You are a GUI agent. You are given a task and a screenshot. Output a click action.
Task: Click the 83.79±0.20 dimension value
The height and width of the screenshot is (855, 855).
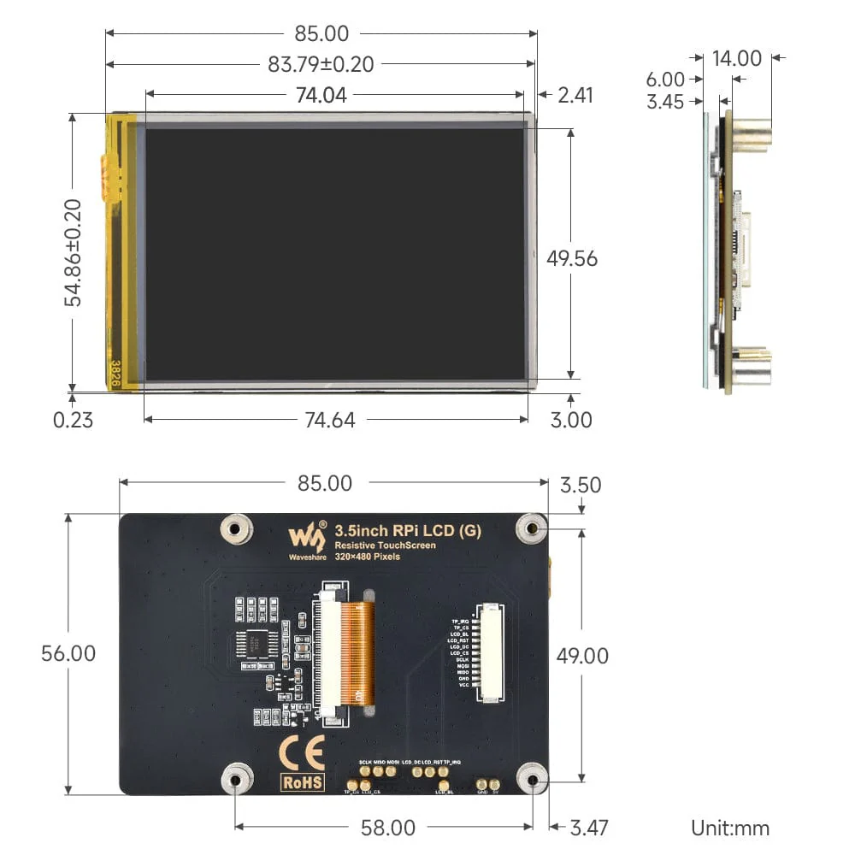point(321,64)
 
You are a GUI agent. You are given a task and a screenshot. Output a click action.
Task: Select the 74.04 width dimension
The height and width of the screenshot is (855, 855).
point(321,95)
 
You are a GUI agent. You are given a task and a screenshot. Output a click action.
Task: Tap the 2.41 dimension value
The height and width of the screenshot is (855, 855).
point(575,95)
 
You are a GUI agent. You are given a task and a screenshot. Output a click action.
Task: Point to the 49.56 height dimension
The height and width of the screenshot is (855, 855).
point(572,258)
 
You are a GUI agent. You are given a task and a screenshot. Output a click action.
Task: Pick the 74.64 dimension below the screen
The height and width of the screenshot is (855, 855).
point(329,420)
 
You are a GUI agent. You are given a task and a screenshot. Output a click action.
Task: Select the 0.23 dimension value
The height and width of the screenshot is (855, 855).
point(73,420)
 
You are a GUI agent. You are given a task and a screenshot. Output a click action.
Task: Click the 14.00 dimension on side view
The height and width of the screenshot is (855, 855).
point(736,58)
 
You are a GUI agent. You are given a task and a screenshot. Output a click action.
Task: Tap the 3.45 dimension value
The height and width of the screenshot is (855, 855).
point(664,102)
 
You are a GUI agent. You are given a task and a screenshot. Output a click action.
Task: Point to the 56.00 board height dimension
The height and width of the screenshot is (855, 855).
point(68,653)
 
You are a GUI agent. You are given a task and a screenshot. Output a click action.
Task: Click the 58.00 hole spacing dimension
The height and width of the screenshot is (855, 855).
point(387,828)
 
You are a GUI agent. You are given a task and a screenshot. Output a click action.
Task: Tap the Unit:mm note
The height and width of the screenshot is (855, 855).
point(730,828)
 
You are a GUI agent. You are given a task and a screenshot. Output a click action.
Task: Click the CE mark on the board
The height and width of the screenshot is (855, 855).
point(301,752)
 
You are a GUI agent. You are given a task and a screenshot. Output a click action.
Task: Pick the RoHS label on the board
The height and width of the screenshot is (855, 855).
point(303,781)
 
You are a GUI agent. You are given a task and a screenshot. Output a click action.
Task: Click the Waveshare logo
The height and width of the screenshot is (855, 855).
point(307,540)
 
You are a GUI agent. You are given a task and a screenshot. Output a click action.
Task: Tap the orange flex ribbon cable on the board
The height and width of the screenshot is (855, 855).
point(357,650)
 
